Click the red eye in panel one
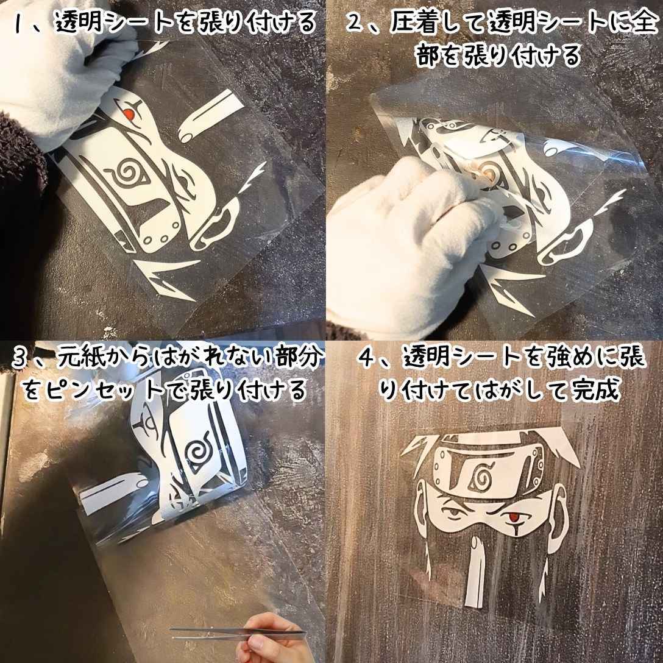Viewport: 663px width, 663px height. tap(127, 113)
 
